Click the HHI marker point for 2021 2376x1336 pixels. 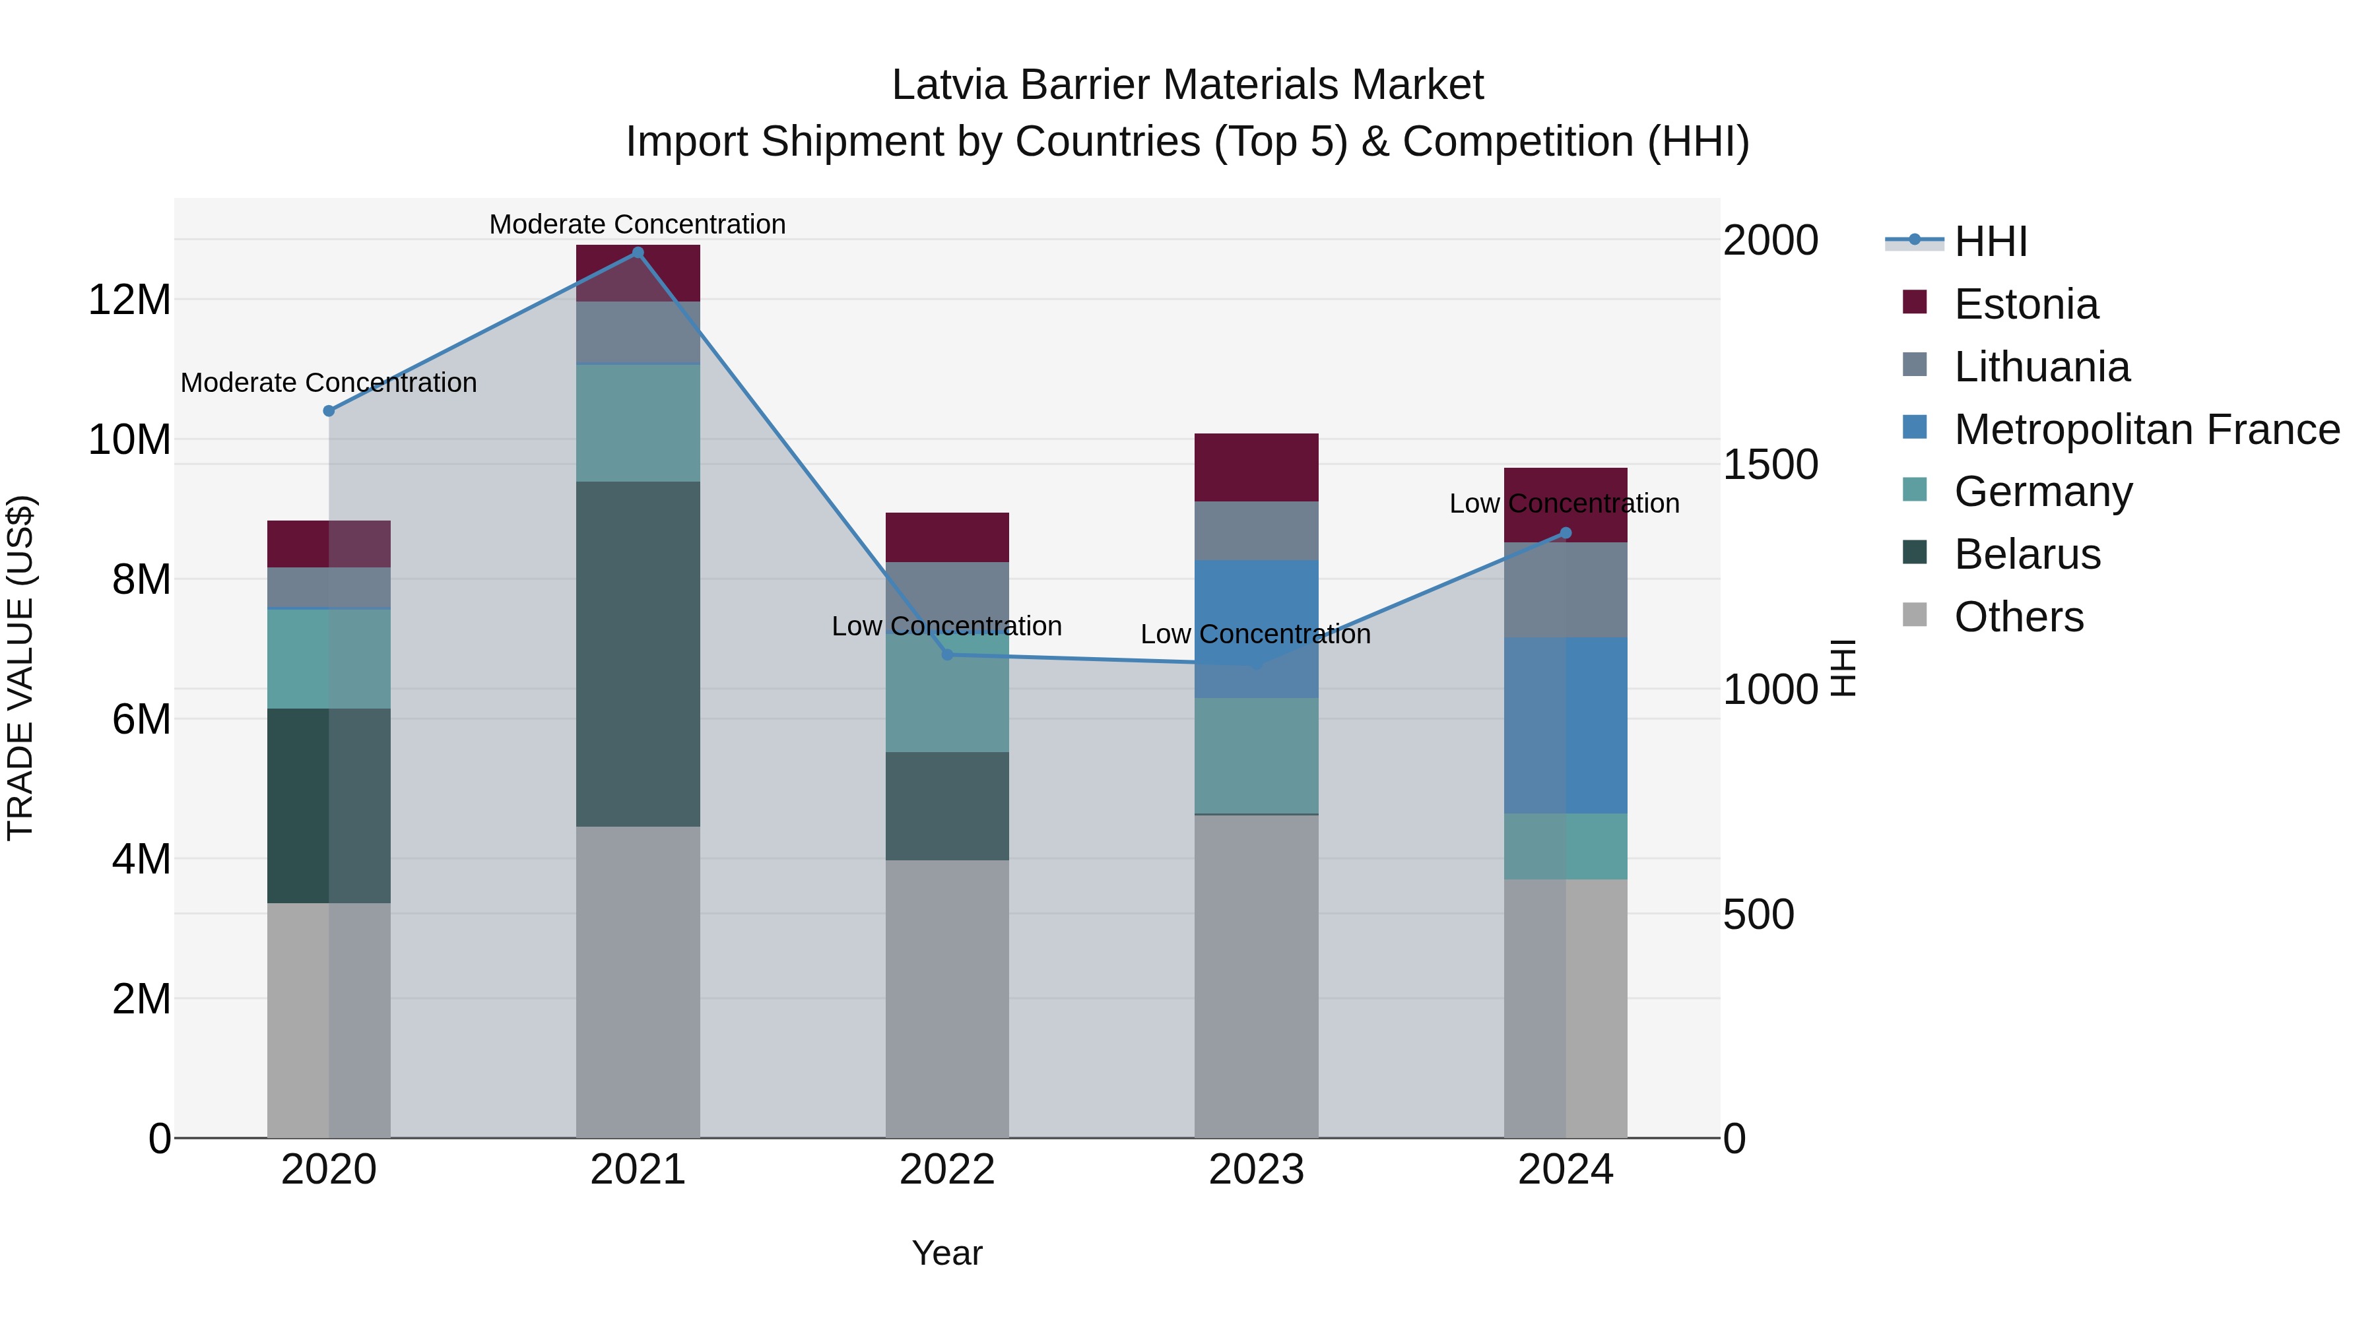point(638,253)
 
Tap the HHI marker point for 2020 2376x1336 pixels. point(329,411)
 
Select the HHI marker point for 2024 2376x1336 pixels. point(1566,533)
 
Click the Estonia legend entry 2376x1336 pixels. point(2026,304)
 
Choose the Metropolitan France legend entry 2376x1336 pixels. point(2146,429)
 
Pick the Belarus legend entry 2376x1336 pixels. point(2026,554)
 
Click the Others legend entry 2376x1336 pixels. point(2018,617)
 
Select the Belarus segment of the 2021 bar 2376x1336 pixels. point(638,654)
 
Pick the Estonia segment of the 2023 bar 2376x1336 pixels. point(1255,468)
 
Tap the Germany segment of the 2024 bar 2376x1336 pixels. point(1566,846)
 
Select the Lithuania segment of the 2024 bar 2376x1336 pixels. point(1566,590)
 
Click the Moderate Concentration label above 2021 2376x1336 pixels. point(638,224)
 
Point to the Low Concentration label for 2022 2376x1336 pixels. point(946,626)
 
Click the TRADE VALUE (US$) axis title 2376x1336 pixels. point(21,668)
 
